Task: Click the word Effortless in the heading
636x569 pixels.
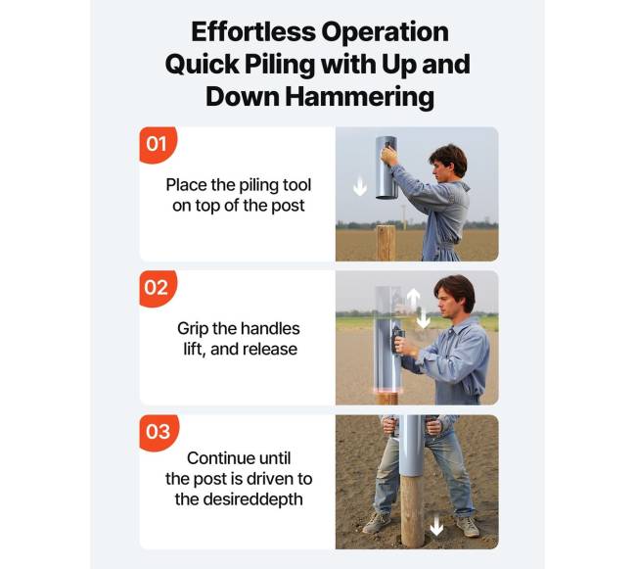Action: pos(253,31)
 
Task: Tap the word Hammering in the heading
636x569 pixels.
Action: pos(359,97)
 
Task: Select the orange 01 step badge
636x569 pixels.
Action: pos(158,145)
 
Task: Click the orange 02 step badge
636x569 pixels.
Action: pos(158,288)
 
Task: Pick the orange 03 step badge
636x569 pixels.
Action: pos(159,432)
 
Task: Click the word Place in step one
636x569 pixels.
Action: pos(186,185)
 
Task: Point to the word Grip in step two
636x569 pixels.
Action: pos(192,329)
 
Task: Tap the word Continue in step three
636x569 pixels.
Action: pos(217,458)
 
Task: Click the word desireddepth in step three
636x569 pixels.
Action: pos(252,499)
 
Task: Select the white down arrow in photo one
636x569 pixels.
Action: pos(360,187)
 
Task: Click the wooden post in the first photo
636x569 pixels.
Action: pos(386,243)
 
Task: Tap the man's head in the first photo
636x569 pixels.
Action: pos(448,162)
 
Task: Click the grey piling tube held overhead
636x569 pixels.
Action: pos(386,167)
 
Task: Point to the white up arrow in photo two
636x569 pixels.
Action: pos(413,299)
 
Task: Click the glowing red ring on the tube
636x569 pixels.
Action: pos(387,391)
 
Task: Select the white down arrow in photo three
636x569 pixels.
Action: pos(436,525)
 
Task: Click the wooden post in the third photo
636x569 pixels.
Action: pos(413,510)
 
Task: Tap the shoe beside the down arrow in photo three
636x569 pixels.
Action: pos(468,526)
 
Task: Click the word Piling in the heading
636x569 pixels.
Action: pos(280,65)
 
